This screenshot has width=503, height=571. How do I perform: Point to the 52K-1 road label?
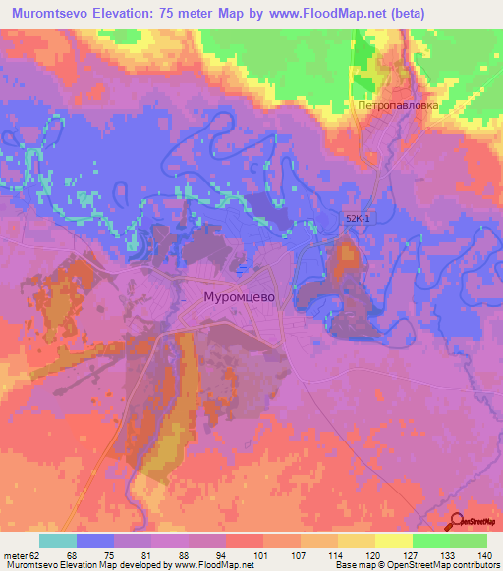pos(357,220)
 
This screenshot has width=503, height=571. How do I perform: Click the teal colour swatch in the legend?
pos(58,541)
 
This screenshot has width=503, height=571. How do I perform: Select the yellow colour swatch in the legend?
pos(393,541)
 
